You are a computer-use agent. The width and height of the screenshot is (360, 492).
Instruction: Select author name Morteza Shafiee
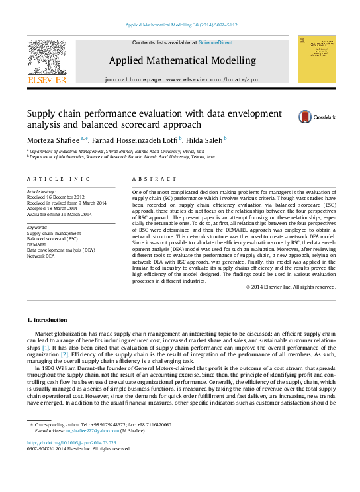coord(52,140)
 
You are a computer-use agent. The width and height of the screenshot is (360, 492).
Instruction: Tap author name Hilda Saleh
coord(204,140)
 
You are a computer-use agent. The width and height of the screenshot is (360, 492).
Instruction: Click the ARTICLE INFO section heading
coord(58,179)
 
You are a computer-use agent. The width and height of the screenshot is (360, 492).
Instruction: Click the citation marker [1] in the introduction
coord(46,348)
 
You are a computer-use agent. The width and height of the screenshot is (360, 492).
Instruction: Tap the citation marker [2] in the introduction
coord(64,354)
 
